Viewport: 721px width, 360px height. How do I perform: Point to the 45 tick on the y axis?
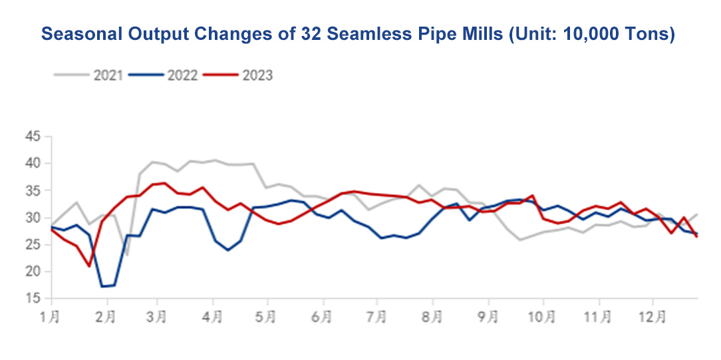click(33, 137)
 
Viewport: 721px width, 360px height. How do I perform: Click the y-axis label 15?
click(33, 299)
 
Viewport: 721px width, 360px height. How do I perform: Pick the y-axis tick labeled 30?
click(33, 218)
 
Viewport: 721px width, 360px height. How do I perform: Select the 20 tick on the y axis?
click(33, 272)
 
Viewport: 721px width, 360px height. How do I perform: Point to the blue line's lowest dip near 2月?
click(102, 287)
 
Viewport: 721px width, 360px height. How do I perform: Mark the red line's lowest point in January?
click(89, 266)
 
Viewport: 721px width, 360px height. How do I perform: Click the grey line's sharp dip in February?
click(127, 256)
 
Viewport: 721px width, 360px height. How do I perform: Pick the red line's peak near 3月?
click(165, 183)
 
